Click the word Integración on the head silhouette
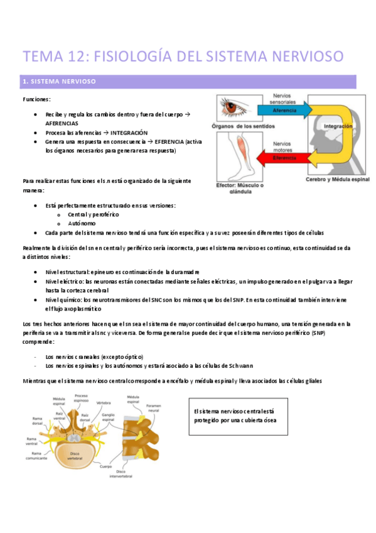338,126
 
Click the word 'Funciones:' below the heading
37,100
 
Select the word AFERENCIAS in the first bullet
63,124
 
